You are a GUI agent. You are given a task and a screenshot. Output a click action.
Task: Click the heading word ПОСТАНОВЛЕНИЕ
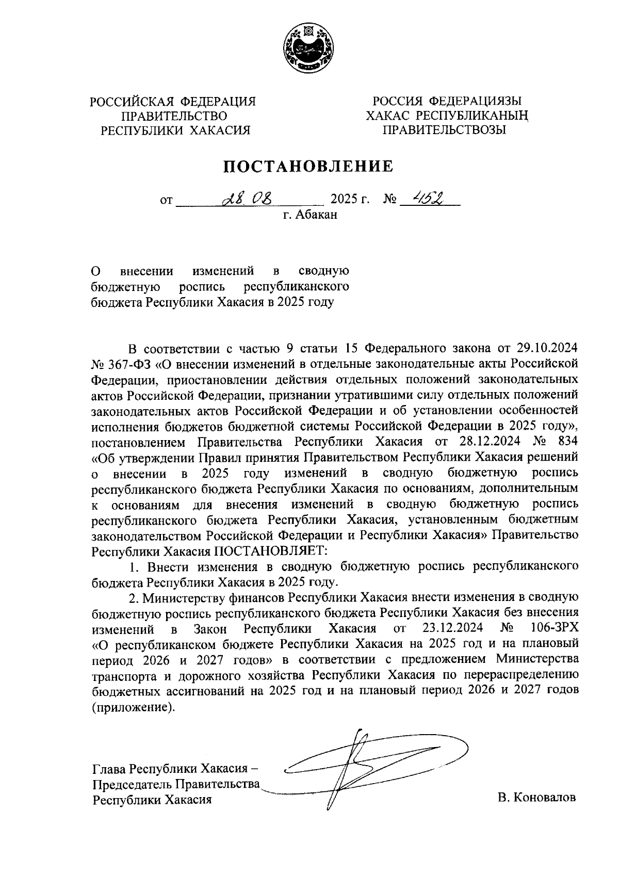tap(308, 166)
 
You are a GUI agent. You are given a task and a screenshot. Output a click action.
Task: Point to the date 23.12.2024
tap(452, 629)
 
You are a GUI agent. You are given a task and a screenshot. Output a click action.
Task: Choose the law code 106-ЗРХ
tap(553, 629)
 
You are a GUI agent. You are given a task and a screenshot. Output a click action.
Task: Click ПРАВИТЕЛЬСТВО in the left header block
tap(173, 116)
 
